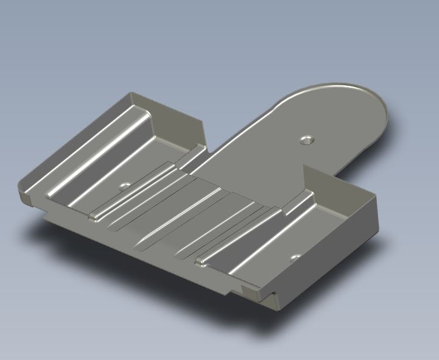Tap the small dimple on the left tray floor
pyautogui.click(x=125, y=185)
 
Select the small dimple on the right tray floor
pyautogui.click(x=295, y=257)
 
